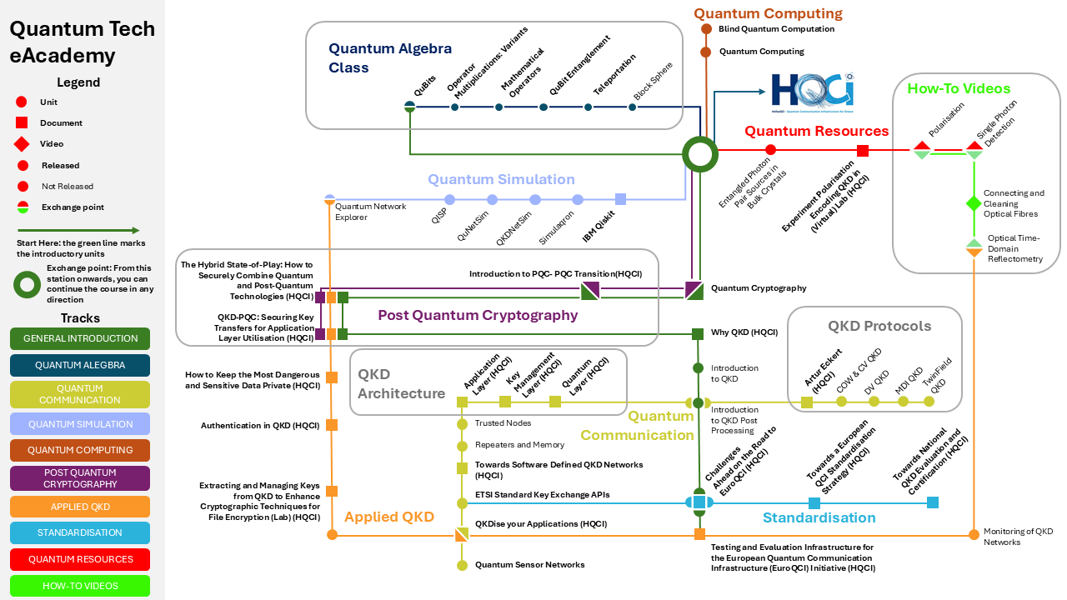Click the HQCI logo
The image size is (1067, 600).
811,92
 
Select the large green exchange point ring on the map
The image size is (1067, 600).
700,153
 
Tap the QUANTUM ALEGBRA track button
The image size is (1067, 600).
80,365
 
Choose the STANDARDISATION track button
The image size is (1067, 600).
80,532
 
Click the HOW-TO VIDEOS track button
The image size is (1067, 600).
80,586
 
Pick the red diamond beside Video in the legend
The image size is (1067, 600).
23,144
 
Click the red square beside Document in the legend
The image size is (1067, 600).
23,123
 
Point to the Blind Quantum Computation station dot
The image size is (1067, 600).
705,29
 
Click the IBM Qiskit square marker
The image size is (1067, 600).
620,199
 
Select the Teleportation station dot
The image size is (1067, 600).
589,107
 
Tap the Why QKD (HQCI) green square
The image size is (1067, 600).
698,334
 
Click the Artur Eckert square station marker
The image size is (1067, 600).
807,402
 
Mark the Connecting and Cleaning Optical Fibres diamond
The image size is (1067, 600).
974,203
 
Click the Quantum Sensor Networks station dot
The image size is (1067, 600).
462,566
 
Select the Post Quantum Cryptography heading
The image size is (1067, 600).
478,315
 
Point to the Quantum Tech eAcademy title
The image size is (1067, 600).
82,42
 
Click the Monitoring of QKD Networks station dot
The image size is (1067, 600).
974,533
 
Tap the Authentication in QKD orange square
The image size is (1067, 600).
332,425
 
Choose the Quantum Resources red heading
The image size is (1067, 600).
816,131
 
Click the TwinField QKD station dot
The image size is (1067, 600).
929,402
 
